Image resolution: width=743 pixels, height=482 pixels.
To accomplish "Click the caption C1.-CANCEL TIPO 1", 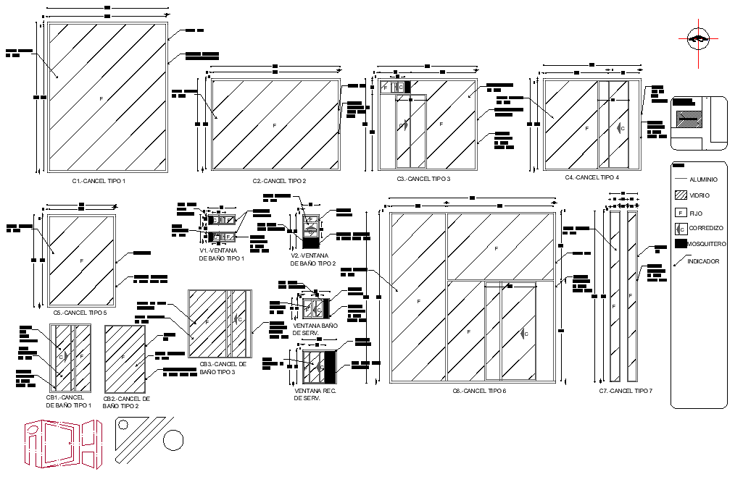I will pos(99,180).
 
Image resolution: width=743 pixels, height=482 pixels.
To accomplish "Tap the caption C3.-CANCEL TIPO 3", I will pos(423,178).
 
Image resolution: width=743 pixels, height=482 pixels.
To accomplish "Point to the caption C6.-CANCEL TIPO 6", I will pos(479,391).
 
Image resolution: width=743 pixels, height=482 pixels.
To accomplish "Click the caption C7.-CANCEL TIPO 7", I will pos(626,391).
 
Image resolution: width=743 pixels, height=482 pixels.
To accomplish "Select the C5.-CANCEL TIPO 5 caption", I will pos(80,313).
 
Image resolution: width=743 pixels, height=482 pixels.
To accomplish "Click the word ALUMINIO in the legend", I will pos(703,179).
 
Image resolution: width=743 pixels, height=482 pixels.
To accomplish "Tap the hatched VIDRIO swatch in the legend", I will pos(681,195).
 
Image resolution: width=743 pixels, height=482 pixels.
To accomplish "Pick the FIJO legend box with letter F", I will pos(681,213).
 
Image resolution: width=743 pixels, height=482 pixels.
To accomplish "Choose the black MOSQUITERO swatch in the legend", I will pos(681,244).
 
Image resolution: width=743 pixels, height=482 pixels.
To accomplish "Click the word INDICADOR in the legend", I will pos(704,261).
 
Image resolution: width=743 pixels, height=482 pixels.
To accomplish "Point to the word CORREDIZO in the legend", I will pos(706,228).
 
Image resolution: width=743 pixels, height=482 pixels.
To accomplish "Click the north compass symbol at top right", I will pos(699,38).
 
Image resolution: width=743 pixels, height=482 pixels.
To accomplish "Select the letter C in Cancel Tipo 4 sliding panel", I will pos(622,128).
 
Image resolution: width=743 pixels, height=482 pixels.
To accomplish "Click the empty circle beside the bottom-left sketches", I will pos(173,439).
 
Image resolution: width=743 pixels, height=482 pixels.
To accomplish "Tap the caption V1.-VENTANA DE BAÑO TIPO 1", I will pos(222,254).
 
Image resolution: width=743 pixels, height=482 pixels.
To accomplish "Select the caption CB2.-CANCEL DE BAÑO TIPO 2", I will pos(126,402).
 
